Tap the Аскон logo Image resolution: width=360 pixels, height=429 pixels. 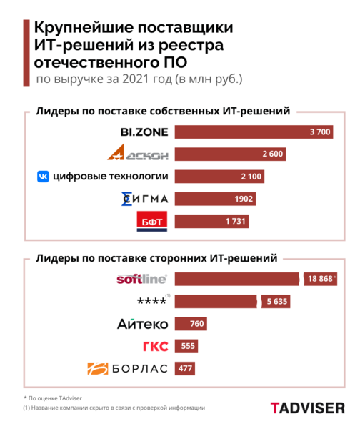coord(139,154)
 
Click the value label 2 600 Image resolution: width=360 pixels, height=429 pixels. coord(274,154)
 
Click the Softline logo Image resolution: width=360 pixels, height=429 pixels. coord(141,279)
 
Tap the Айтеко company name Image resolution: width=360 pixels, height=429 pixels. coord(143,324)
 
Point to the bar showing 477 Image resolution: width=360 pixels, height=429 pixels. coord(184,369)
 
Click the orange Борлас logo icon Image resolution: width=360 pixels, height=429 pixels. coord(94,369)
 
